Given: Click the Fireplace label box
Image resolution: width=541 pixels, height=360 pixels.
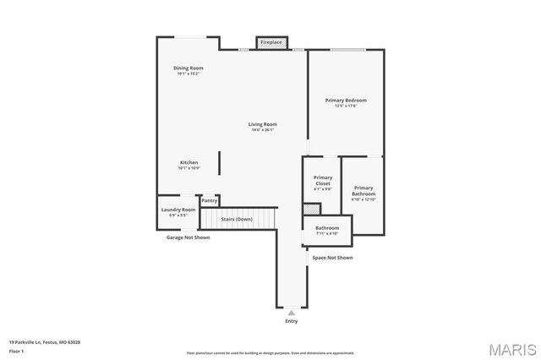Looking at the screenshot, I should click(271, 42).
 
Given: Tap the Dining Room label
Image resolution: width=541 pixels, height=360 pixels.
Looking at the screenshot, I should click(188, 68).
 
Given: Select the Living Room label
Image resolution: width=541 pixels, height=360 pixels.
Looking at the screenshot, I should click(263, 124).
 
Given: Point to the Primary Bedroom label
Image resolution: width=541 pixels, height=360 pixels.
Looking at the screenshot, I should click(346, 100).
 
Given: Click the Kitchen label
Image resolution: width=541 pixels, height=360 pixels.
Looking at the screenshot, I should click(189, 162).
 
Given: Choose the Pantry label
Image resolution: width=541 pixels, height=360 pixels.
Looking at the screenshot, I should click(210, 200).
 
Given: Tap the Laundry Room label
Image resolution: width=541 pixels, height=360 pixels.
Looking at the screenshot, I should click(178, 210).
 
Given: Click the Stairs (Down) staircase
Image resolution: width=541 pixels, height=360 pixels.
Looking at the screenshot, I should click(238, 219).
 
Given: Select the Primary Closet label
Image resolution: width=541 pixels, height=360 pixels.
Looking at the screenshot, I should click(323, 180).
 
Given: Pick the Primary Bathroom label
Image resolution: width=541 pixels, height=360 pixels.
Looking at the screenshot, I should click(363, 191).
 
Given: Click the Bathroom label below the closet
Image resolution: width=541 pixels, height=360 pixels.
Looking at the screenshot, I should click(327, 227).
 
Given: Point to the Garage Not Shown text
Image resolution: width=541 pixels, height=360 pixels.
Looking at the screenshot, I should click(188, 237).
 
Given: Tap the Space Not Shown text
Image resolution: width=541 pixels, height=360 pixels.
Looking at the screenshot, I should click(333, 257).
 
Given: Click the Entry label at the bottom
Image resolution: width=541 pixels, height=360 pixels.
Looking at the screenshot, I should click(292, 321).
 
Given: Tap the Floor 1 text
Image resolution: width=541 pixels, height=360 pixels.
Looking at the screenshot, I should click(17, 351).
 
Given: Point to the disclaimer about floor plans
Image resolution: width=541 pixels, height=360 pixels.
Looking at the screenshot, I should click(270, 352).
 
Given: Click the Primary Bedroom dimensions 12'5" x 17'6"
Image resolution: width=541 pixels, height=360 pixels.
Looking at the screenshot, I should click(346, 106).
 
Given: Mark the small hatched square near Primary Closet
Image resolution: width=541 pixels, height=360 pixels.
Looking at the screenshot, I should click(309, 209).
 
